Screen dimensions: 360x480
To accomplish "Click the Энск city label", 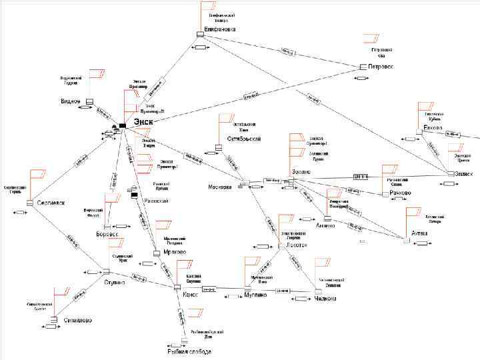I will coord(144,121).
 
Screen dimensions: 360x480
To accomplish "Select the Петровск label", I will coord(381,67).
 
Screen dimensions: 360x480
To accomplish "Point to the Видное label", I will coord(70,101).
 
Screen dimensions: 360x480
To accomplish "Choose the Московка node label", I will coord(219,187).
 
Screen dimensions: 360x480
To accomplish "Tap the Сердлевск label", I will coord(50,203).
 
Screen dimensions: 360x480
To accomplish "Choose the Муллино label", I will coord(255,294).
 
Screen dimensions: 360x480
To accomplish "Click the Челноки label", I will coord(324,299).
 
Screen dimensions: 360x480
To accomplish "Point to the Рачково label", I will coord(399,193).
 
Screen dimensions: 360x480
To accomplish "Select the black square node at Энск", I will coord(123,126).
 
